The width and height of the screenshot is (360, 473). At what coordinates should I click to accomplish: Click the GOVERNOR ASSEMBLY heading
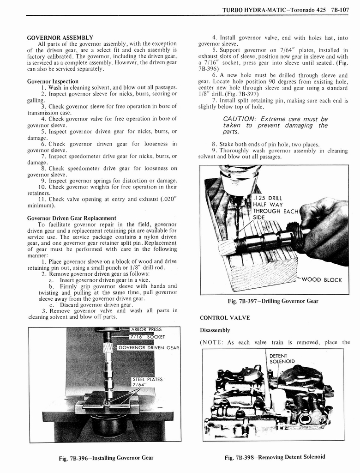coord(60,37)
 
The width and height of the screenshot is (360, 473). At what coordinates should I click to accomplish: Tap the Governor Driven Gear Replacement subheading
coord(72,218)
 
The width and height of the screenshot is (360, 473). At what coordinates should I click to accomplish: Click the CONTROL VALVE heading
coord(218,318)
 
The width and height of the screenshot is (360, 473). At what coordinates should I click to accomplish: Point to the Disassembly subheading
coord(215,330)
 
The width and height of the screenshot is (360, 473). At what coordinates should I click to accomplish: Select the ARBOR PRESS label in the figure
coord(146,329)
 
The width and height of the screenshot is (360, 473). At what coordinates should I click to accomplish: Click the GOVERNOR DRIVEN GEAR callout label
coord(149,347)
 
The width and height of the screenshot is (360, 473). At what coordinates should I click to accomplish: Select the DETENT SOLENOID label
coord(281,358)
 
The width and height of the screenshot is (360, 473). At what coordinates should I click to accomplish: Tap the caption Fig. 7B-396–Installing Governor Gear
coord(106,458)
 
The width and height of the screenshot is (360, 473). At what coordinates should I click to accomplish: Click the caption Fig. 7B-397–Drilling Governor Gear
coord(273,301)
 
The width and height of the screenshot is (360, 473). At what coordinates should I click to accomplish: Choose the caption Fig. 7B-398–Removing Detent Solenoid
coord(275,457)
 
